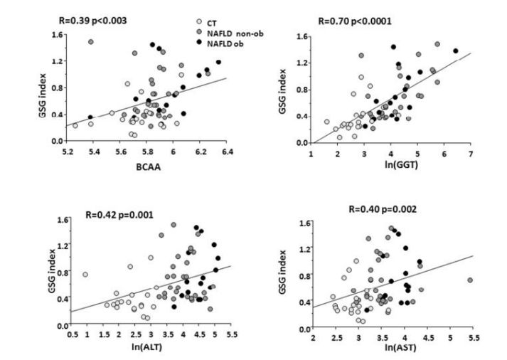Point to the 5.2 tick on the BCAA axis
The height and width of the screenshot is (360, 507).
tap(68, 152)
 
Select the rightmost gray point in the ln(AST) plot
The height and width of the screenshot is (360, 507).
tap(470, 280)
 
